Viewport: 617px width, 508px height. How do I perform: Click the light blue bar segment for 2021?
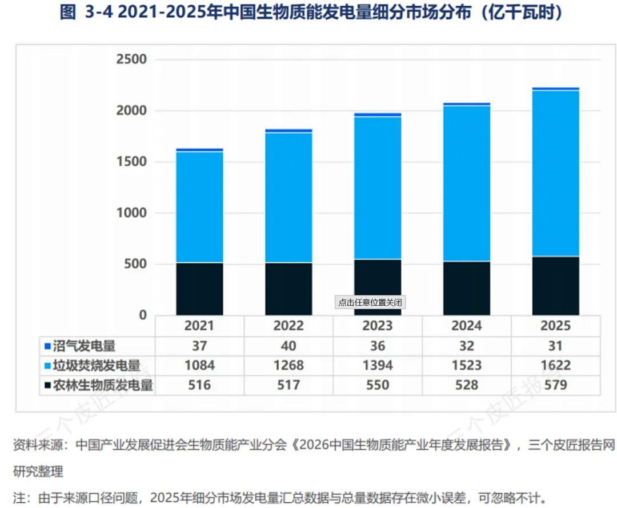pyautogui.click(x=199, y=207)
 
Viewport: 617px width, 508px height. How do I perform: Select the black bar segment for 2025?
pyautogui.click(x=556, y=286)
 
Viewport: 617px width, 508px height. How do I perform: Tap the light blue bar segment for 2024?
pyautogui.click(x=467, y=183)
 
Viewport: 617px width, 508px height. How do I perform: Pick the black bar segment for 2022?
pyautogui.click(x=289, y=289)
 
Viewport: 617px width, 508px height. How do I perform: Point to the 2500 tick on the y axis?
pyautogui.click(x=131, y=59)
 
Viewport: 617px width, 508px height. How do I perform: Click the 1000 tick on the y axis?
pyautogui.click(x=131, y=213)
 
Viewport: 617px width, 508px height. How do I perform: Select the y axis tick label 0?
pyautogui.click(x=143, y=315)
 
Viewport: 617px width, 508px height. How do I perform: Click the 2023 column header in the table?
pyautogui.click(x=378, y=326)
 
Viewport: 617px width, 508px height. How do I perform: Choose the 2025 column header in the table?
pyautogui.click(x=556, y=326)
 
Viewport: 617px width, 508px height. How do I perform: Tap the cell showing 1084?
pyautogui.click(x=199, y=365)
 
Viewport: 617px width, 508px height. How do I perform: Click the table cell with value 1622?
pyautogui.click(x=556, y=365)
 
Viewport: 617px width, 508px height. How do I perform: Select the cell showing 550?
pyautogui.click(x=378, y=385)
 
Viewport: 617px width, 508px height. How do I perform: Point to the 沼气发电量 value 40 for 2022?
pyautogui.click(x=289, y=346)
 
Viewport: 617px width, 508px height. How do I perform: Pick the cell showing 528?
pyautogui.click(x=467, y=385)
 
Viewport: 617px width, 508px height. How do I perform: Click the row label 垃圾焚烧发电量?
pyautogui.click(x=97, y=366)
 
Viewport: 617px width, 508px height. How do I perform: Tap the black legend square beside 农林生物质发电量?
pyautogui.click(x=47, y=385)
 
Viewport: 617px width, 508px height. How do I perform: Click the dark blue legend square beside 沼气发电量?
pyautogui.click(x=47, y=346)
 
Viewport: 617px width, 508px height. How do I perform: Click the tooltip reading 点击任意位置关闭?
pyautogui.click(x=370, y=302)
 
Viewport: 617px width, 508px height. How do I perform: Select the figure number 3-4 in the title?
pyautogui.click(x=99, y=12)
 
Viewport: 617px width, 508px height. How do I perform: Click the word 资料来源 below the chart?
pyautogui.click(x=38, y=445)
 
